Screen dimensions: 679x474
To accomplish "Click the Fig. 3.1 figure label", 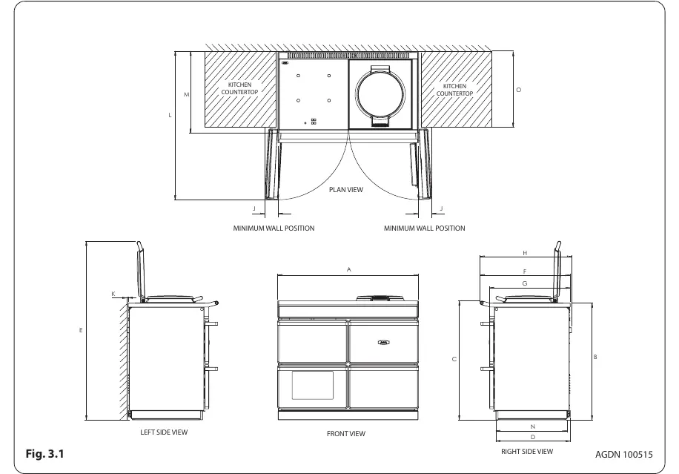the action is [44, 454].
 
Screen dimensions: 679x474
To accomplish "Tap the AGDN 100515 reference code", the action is [623, 455].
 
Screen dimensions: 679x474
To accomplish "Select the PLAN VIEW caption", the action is [346, 189].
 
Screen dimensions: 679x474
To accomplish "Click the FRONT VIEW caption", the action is [346, 433].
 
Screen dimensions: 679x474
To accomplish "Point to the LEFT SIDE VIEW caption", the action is [164, 432].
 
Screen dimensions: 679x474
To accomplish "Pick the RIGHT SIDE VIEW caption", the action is [527, 451].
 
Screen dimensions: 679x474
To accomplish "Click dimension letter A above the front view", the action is [348, 269].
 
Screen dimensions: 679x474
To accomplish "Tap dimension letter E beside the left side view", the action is [81, 330].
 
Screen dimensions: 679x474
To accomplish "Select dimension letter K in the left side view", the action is [113, 294].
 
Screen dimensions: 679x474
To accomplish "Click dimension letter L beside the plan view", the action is [170, 115].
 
